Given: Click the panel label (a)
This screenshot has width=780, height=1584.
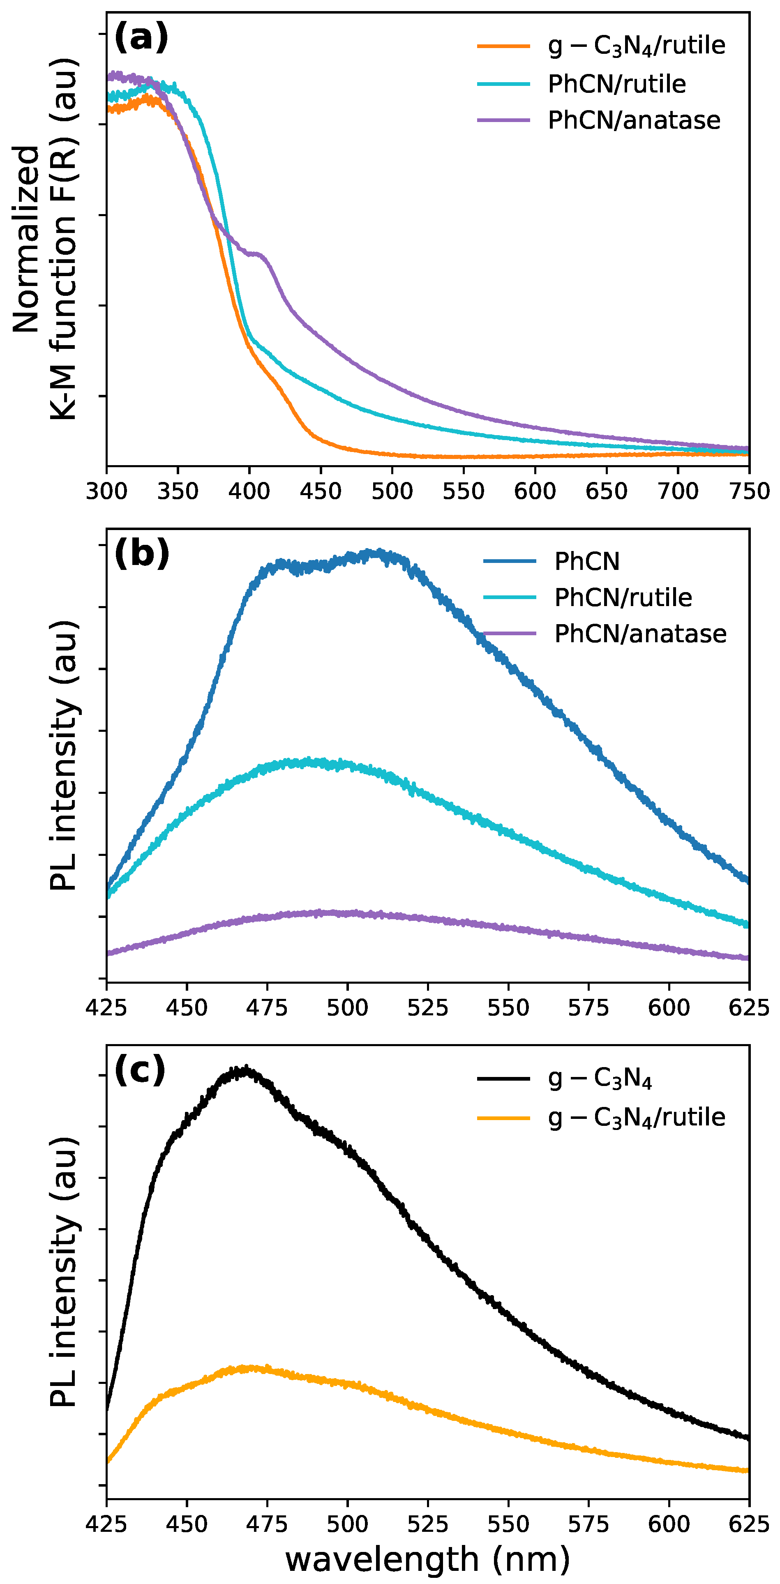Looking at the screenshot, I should [141, 37].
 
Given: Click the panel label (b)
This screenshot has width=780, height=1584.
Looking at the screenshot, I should [141, 553].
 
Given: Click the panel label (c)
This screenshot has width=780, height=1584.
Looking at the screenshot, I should [140, 1070].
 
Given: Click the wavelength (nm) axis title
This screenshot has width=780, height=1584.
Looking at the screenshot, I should [427, 1559].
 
